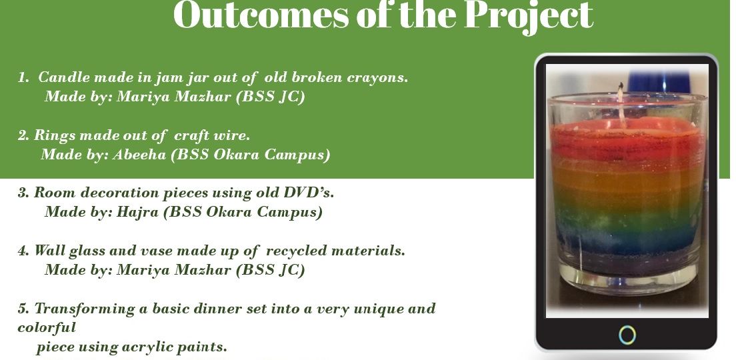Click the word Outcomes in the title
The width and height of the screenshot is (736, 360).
tap(261, 15)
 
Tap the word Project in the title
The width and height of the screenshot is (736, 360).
tap(529, 17)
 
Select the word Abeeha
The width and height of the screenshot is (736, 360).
tap(139, 155)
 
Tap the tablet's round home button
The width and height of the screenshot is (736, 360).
tap(627, 335)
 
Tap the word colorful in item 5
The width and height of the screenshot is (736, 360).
tap(47, 327)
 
